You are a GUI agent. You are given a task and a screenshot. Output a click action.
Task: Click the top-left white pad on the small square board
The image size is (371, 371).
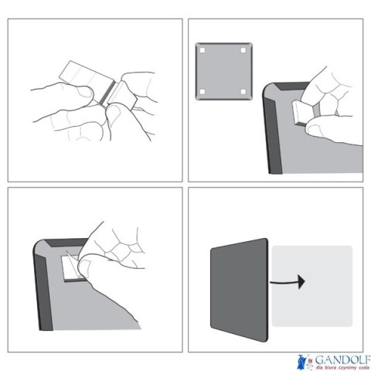203,50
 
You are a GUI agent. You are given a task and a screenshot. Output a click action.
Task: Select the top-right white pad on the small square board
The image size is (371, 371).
244,50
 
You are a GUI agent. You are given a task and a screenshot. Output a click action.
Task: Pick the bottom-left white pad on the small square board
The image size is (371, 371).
203,92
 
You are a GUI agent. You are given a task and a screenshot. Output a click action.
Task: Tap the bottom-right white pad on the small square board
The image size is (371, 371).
244,92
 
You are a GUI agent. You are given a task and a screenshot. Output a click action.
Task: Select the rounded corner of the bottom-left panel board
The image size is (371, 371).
40,246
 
